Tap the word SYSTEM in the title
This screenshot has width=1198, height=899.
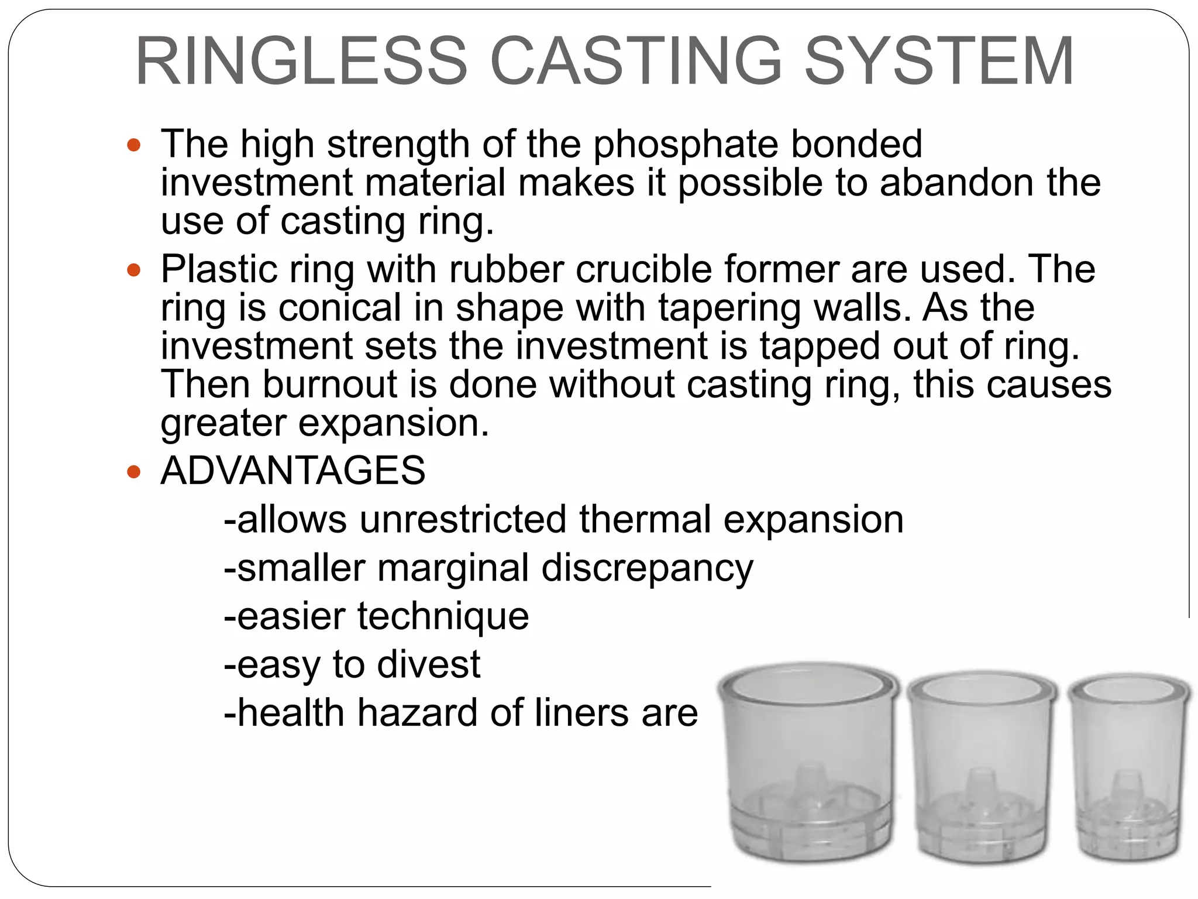tap(939, 61)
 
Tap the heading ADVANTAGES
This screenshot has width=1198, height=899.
tap(293, 471)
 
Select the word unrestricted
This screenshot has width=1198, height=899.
tap(463, 519)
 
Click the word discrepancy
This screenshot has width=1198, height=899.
tap(647, 568)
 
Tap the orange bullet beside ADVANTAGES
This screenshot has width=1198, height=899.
tap(134, 471)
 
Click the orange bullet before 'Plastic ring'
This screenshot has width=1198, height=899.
tap(134, 270)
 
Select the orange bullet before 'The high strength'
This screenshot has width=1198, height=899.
tap(134, 145)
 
